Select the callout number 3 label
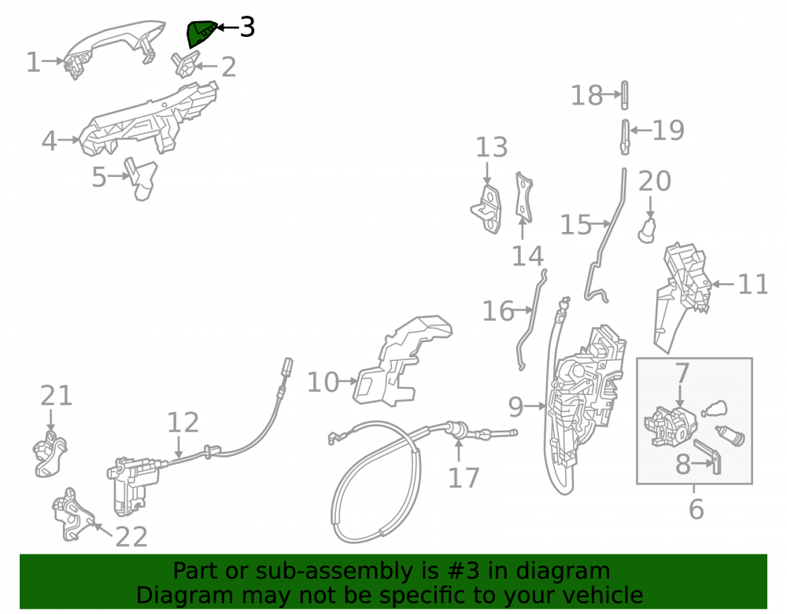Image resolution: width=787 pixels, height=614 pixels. point(247,27)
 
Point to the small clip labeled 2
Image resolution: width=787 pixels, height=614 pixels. point(185,64)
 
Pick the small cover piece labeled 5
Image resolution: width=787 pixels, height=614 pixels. point(141,179)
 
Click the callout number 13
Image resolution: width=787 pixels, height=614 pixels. point(491,147)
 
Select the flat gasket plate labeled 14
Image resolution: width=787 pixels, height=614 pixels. point(523,197)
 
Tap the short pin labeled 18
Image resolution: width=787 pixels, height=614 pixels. point(624,94)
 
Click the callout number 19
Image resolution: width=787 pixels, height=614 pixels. point(668,131)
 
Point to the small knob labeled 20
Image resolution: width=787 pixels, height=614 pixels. point(648,230)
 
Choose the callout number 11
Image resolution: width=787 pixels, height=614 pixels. point(752,284)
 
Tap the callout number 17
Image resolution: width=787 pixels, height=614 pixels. point(464,478)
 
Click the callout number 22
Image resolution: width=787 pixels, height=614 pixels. point(131,537)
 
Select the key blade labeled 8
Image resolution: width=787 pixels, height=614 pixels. point(708,455)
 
